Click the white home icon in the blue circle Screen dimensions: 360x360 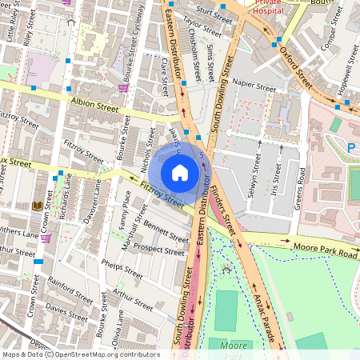180,172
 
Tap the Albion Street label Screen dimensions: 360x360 94,104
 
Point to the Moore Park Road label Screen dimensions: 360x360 325,252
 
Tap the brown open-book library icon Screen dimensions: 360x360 37,207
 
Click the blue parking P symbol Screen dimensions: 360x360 351,147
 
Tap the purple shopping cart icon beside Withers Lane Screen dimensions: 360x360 46,238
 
